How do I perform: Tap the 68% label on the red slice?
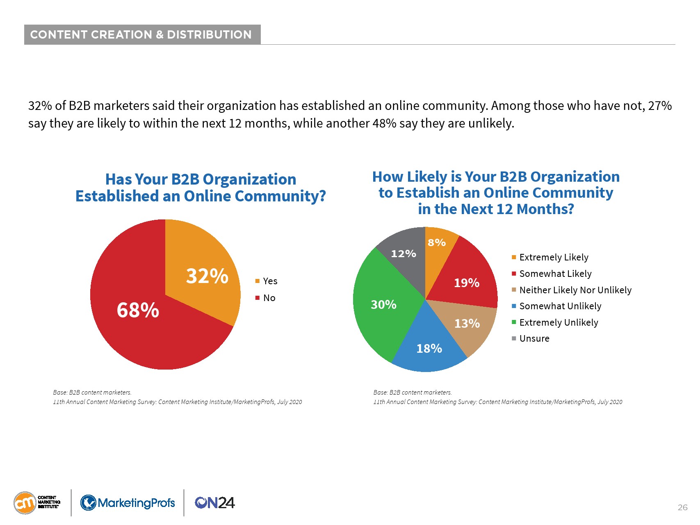[138, 310]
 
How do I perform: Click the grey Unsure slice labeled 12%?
[404, 253]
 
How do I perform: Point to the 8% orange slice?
[437, 242]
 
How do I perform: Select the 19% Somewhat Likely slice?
[467, 283]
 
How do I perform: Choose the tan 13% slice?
[467, 324]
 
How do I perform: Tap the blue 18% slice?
[429, 349]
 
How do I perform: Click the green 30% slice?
[383, 304]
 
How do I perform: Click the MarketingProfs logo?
[128, 503]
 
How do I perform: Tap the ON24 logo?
[214, 503]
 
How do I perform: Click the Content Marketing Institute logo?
[37, 503]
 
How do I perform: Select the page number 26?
[682, 507]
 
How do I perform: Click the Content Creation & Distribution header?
[141, 34]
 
